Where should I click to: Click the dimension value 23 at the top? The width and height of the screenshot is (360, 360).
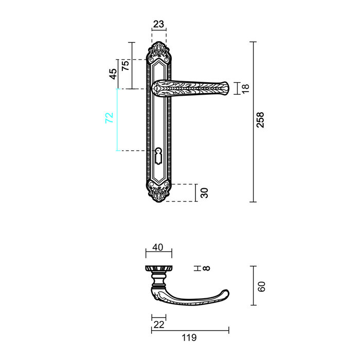click(159, 24)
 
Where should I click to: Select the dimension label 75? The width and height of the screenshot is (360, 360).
click(124, 65)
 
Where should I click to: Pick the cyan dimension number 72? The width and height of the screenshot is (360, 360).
click(109, 117)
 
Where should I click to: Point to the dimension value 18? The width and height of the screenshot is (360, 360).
click(245, 88)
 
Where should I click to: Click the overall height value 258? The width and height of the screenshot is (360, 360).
click(260, 120)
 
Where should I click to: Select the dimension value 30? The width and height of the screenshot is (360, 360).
click(204, 193)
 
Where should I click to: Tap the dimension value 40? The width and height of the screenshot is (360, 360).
click(158, 247)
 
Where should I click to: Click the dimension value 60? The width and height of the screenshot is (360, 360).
click(261, 286)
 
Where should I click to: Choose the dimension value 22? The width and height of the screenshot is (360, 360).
click(158, 325)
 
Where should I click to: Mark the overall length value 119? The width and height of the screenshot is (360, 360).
click(190, 338)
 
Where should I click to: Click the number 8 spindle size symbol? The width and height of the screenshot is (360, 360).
click(207, 268)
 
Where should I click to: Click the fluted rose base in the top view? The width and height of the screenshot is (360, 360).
click(158, 269)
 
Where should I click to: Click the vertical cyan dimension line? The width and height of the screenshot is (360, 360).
click(117, 119)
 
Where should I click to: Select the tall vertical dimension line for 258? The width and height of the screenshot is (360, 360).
click(253, 121)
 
